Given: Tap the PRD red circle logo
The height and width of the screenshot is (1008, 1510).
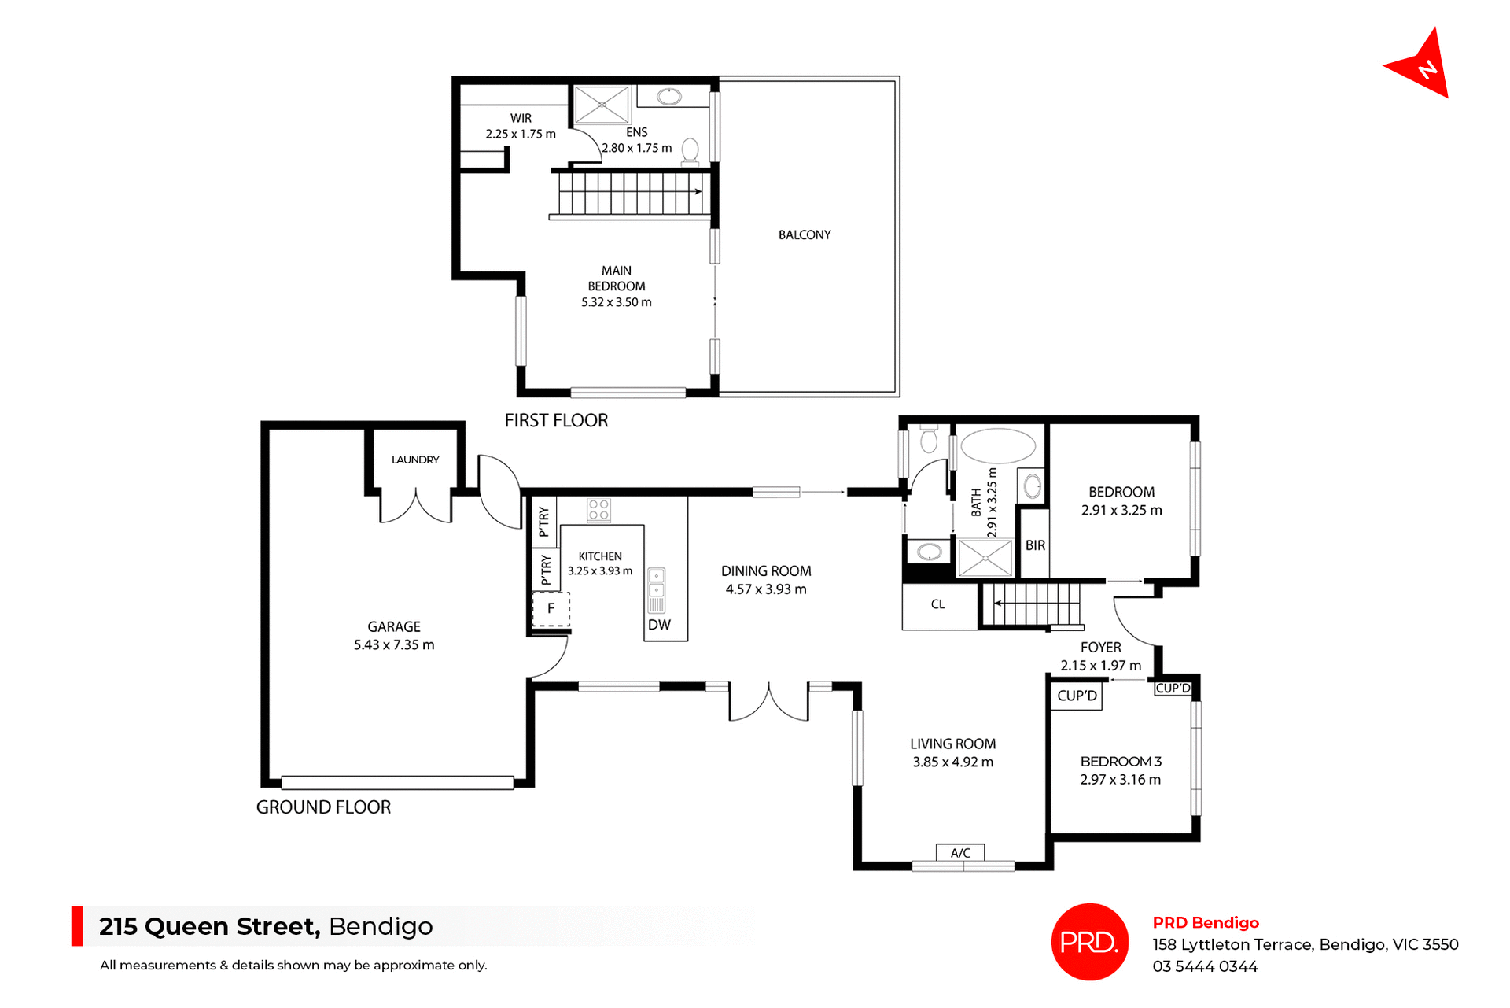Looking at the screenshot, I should click(1089, 941).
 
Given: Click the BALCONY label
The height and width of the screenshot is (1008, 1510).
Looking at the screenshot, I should click(804, 234).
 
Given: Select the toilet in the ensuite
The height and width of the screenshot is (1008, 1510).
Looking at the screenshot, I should click(690, 150).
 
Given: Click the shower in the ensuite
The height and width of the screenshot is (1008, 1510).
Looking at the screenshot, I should click(602, 105).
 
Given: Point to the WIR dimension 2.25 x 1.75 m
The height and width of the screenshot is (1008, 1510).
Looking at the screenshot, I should click(520, 134).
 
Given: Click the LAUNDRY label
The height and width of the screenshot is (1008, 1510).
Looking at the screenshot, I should click(415, 460).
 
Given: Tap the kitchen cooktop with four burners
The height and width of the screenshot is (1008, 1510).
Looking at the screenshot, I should click(598, 510).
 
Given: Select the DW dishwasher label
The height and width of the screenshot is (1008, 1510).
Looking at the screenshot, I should click(659, 625).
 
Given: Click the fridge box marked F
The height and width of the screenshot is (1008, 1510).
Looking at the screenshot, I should click(551, 608).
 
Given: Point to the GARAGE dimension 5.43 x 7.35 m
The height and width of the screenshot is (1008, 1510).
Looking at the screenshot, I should click(393, 644).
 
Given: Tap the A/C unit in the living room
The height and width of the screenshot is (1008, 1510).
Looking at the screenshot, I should click(960, 852).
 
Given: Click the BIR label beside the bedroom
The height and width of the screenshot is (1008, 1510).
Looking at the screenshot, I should click(1035, 545).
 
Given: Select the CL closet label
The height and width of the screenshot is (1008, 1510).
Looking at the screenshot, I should click(937, 604).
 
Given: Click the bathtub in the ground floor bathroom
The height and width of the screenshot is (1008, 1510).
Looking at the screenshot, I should click(998, 446).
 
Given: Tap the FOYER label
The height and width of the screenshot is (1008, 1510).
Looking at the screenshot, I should click(1100, 647).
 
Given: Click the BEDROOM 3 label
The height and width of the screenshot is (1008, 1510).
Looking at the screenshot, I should click(1120, 761).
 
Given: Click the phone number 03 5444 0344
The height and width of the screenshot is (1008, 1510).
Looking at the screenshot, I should click(1205, 966).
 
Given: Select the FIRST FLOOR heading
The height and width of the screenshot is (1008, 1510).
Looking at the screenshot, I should click(556, 420).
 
